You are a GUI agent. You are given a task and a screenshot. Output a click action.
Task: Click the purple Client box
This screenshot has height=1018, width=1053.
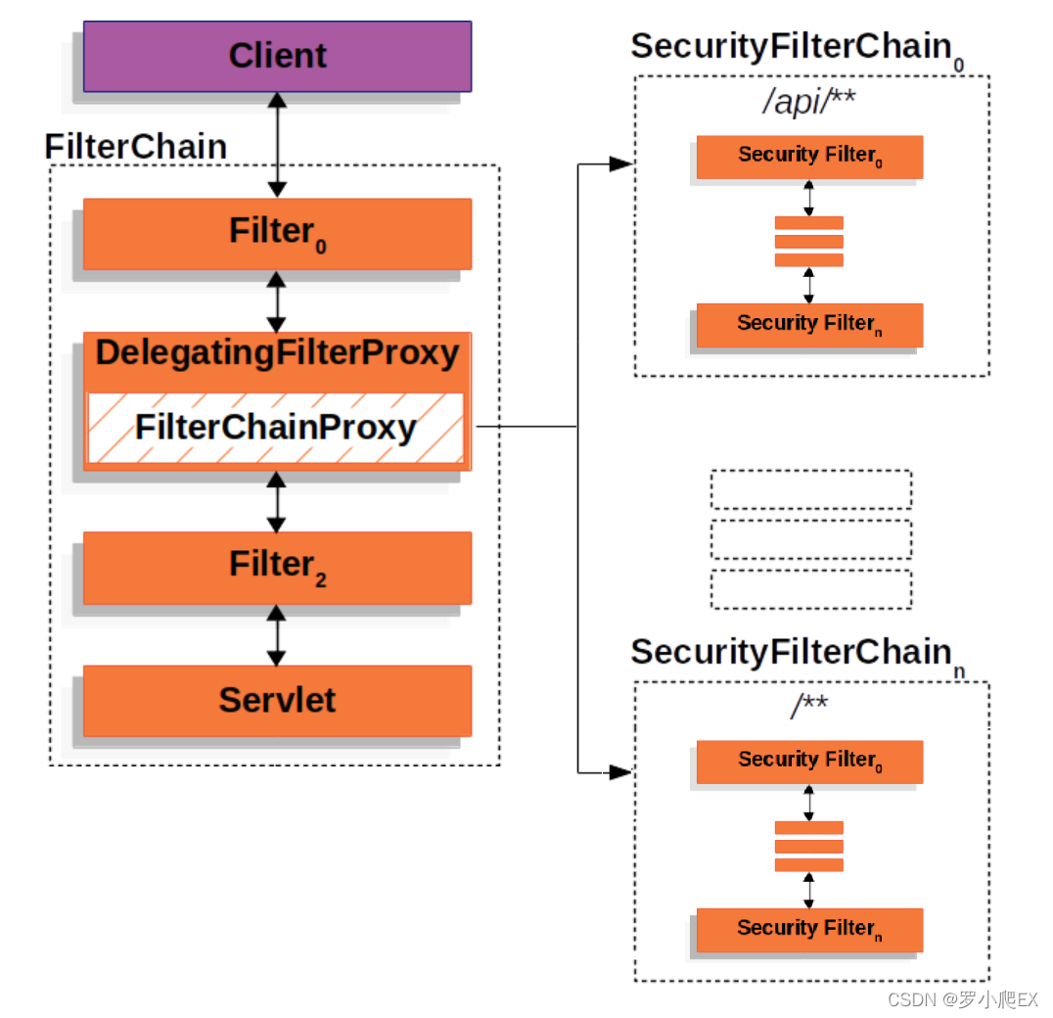(277, 57)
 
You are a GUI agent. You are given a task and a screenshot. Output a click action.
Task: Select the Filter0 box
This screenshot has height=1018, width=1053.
(277, 234)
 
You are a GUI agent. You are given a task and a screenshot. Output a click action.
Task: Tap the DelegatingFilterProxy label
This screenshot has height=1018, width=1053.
(277, 353)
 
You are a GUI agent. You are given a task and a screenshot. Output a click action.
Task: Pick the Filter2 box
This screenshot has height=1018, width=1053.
(277, 567)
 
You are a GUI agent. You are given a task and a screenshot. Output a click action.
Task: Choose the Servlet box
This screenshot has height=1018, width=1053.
(277, 700)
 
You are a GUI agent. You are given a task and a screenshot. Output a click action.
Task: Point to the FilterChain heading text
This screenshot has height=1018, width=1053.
(136, 147)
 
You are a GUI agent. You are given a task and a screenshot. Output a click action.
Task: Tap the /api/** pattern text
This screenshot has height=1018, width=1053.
(809, 102)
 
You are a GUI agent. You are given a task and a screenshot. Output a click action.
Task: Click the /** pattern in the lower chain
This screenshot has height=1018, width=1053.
(809, 706)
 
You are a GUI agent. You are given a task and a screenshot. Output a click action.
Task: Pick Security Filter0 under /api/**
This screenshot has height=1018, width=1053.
(809, 157)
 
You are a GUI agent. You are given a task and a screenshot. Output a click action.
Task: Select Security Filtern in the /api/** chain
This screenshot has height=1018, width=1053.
(809, 325)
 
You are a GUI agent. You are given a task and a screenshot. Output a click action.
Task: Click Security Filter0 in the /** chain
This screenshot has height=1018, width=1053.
(809, 762)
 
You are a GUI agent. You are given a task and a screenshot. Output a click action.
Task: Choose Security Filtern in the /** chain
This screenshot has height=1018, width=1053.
(809, 930)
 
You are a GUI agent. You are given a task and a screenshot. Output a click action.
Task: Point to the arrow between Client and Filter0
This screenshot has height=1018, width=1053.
(277, 145)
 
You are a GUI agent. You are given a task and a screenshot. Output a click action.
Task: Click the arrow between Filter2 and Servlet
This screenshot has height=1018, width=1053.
(277, 635)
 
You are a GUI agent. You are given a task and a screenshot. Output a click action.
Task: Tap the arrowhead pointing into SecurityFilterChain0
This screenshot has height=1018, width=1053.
(620, 164)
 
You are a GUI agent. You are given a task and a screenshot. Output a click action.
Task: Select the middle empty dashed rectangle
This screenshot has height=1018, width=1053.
(810, 539)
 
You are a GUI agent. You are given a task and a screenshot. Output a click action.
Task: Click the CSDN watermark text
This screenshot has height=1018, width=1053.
(962, 999)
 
